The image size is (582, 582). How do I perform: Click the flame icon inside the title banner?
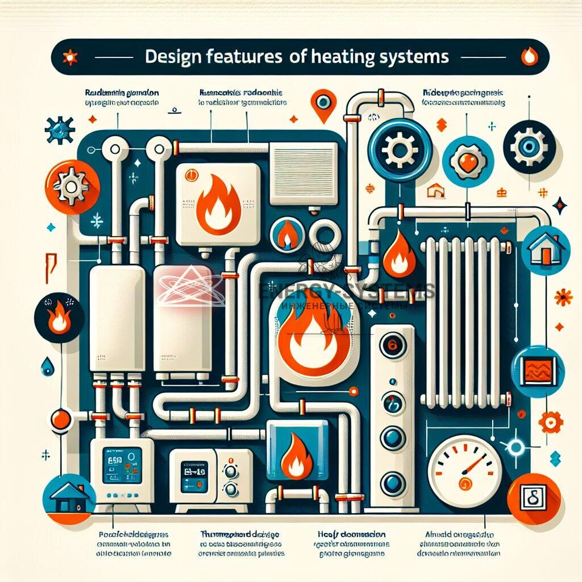pyautogui.click(x=529, y=57)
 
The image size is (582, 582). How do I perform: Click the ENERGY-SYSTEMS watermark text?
pyautogui.click(x=346, y=292)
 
